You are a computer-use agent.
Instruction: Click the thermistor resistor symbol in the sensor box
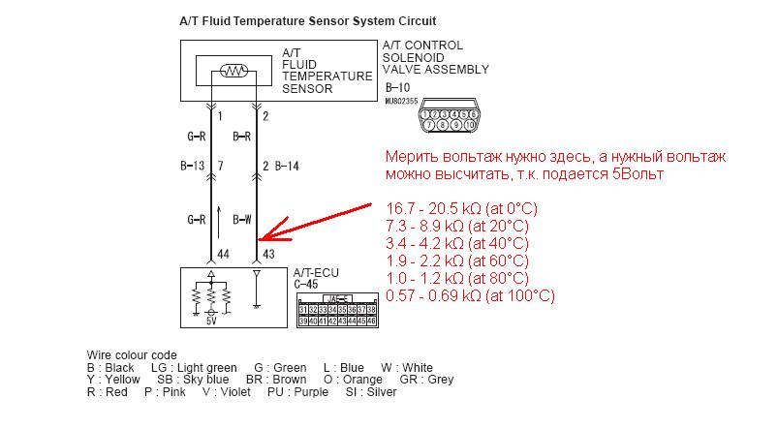coord(233,70)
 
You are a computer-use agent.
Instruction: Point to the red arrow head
coord(263,235)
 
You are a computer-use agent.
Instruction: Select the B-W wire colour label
coord(243,219)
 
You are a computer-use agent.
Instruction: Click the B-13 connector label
coord(192,167)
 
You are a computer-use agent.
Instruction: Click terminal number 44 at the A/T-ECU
coord(222,253)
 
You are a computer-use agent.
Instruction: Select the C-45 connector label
coord(306,285)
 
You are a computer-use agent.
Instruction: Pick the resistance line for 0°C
coord(461,208)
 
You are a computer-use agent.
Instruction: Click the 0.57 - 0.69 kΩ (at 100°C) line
coord(469,295)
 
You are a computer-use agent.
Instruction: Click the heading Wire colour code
coord(132,355)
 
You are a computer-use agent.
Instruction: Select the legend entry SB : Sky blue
coord(194,381)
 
